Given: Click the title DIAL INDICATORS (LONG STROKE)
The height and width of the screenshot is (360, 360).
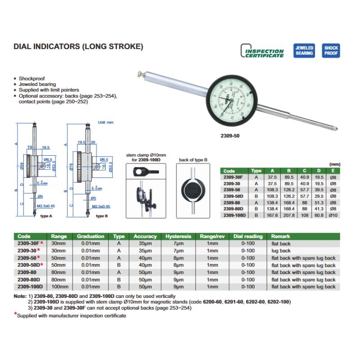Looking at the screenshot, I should click(78, 46).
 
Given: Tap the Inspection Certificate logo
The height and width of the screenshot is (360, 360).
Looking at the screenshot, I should click(263, 51).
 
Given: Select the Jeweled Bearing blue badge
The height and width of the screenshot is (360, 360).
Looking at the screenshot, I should click(304, 51).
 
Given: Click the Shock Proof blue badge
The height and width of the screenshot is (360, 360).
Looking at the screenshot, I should click(331, 51).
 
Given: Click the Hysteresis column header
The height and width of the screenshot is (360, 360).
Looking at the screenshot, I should click(179, 236).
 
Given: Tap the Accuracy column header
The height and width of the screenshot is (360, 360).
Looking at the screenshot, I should click(145, 236).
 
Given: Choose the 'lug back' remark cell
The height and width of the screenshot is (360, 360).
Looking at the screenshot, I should click(281, 251).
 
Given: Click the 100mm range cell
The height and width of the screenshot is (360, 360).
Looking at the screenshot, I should click(59, 287).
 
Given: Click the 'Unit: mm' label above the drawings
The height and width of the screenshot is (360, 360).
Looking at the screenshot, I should click(107, 122).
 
